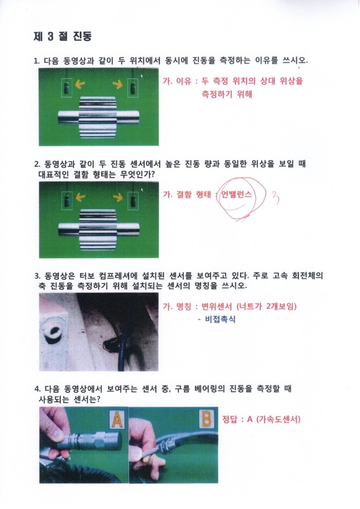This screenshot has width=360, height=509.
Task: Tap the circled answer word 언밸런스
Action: point(236,195)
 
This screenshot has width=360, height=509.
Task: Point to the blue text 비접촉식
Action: point(221,319)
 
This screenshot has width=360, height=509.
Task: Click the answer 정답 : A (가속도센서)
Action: point(261,419)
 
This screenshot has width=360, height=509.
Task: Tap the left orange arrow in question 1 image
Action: point(80,84)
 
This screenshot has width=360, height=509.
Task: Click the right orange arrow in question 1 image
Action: point(118,84)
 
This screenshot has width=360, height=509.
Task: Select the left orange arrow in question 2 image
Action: point(80,197)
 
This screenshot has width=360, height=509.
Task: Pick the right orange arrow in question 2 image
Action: point(118,197)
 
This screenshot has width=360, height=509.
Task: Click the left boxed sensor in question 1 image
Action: point(67,88)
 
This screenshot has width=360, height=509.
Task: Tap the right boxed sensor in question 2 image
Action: point(133,200)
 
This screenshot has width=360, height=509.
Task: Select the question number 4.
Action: point(37,389)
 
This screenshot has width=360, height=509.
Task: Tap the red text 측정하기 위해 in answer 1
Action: point(227,94)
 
